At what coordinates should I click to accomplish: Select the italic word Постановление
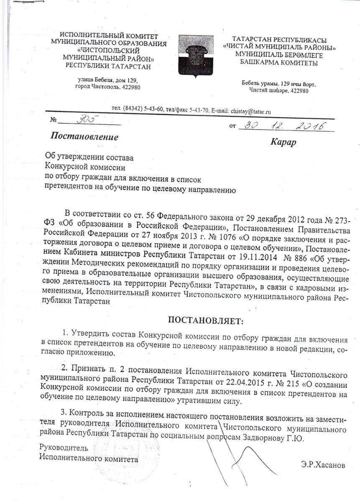(84, 137)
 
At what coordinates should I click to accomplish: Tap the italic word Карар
(283, 142)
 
